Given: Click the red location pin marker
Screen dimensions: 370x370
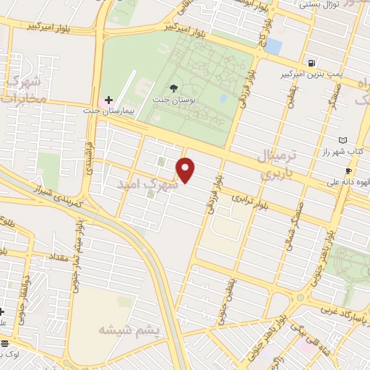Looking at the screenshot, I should click(x=186, y=171).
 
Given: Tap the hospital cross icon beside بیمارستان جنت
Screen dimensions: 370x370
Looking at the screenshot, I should click(x=108, y=100).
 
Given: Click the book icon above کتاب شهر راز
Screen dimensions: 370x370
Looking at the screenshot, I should click(x=343, y=140).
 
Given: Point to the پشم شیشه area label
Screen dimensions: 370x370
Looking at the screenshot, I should click(x=123, y=330).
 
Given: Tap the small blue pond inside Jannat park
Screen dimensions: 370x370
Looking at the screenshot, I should click(x=223, y=97).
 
